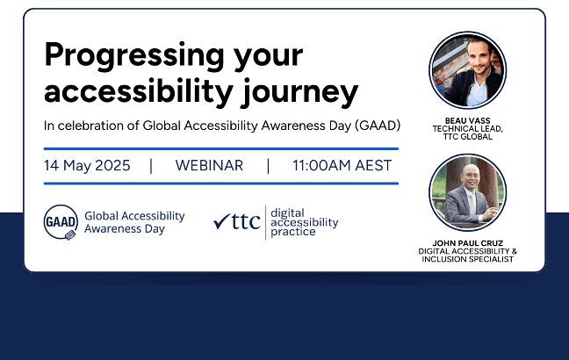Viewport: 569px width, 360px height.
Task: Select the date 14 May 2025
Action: point(87,165)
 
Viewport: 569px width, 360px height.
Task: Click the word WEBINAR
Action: point(209,165)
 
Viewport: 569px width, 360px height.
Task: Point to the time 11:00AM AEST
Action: point(342,165)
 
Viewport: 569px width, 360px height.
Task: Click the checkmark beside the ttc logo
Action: point(221,222)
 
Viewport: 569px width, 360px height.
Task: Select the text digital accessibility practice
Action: point(304,223)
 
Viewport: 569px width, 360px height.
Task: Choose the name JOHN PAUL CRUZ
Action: point(467,242)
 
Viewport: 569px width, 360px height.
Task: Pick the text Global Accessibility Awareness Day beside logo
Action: point(134,222)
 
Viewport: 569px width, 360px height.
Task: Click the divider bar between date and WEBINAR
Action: point(151,165)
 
